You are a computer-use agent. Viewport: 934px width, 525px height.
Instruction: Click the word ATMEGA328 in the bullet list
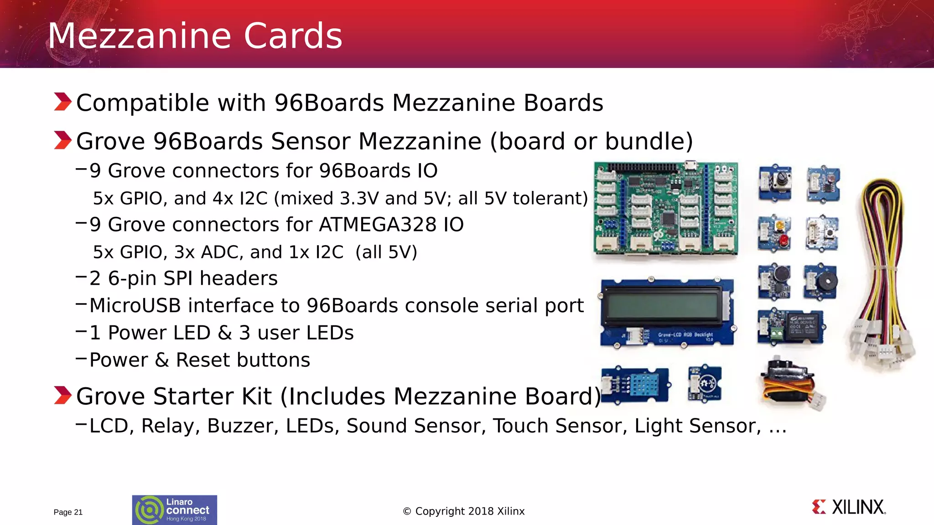pos(378,225)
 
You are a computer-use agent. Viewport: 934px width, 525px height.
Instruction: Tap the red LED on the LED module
pos(784,240)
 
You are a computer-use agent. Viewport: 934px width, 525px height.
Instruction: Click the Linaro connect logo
pos(175,510)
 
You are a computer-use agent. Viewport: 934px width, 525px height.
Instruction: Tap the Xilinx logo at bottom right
pos(849,507)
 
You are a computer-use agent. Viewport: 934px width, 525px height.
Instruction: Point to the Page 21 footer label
pos(68,512)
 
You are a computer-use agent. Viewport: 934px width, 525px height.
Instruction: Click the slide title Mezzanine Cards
pos(195,36)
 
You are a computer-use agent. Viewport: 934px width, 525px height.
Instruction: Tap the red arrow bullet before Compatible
pos(62,102)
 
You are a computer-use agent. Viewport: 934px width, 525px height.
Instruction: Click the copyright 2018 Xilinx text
pos(464,511)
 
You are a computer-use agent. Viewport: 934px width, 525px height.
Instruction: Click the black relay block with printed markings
pos(805,324)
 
